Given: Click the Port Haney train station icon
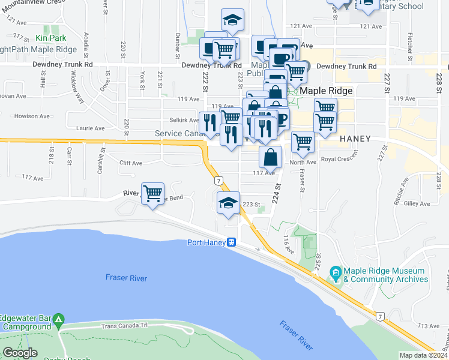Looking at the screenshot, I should tap(231, 242).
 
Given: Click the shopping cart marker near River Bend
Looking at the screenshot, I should tap(153, 194).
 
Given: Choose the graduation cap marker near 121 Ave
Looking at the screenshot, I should tap(232, 20).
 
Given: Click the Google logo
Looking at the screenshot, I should tap(20, 353).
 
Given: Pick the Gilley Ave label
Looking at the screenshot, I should tap(417, 204).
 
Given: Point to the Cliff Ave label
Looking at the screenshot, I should tap(130, 163).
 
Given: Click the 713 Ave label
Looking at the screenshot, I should tap(430, 326).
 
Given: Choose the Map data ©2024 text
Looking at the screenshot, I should tap(424, 355).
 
